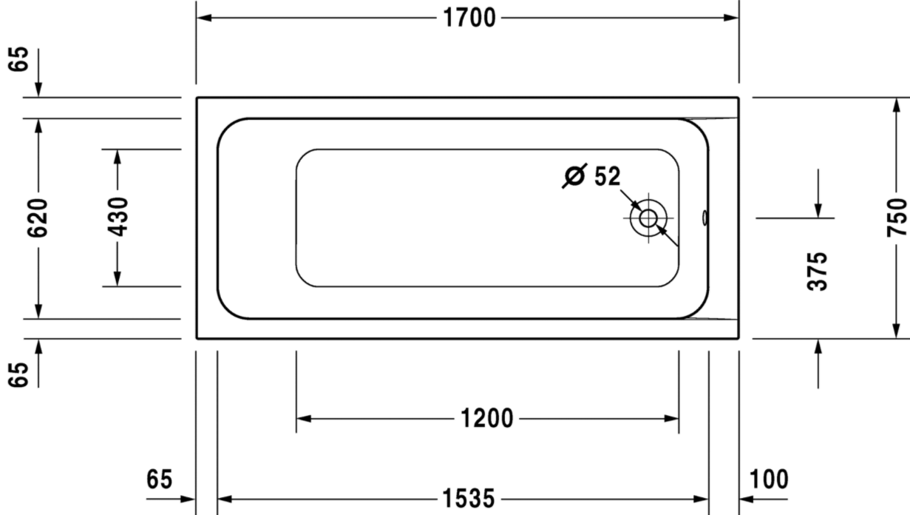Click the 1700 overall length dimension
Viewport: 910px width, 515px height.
tap(469, 18)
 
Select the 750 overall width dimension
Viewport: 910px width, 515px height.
tap(897, 218)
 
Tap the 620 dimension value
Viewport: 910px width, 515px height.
tap(38, 218)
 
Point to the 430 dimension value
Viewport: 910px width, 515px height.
tap(118, 217)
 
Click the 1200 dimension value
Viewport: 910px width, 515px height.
tap(486, 419)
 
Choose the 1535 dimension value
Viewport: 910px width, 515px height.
tap(469, 499)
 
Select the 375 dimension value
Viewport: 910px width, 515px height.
tap(818, 272)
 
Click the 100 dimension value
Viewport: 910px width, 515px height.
tap(769, 479)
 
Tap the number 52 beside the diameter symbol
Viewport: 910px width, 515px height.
tap(608, 177)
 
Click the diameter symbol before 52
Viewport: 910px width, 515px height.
tap(574, 176)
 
